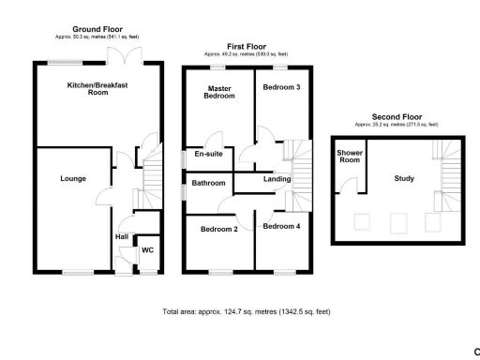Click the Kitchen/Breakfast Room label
tap(97, 90)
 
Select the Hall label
tap(121, 236)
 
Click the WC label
tap(147, 250)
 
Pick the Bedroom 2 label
tap(218, 229)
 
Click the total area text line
tap(247, 311)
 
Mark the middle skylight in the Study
tap(398, 222)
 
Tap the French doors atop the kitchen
tap(119, 59)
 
